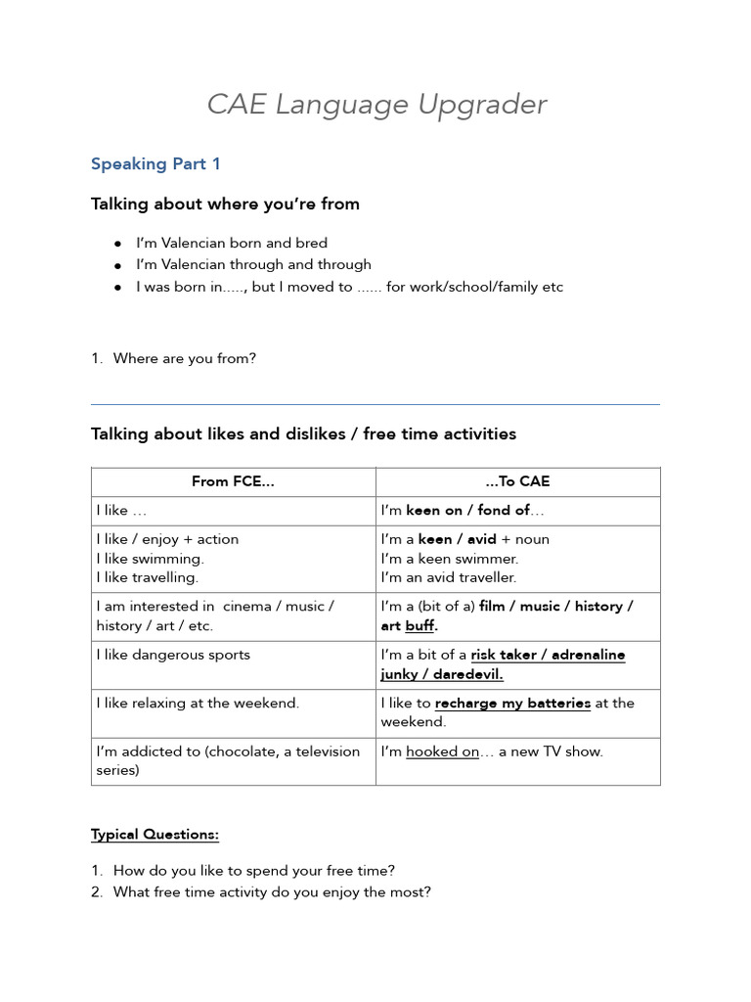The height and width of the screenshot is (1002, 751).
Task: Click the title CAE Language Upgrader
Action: (376, 105)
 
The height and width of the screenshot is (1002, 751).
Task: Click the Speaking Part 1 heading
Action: (155, 164)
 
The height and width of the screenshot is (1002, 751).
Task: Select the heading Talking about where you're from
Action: (225, 205)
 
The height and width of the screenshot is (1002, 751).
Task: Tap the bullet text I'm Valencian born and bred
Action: (232, 243)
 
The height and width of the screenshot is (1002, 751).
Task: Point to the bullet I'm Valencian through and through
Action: (253, 264)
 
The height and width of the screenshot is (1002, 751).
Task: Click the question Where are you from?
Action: (184, 358)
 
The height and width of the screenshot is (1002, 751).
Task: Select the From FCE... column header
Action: (233, 481)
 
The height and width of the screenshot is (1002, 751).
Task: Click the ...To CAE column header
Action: (517, 481)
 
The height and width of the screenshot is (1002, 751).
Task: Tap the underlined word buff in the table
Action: (420, 625)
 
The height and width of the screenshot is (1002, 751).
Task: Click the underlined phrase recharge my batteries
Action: (512, 703)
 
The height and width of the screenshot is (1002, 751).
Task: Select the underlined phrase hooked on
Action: (442, 751)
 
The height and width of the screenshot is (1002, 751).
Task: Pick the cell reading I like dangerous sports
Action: (173, 655)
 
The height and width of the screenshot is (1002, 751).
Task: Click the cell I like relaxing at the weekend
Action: (198, 703)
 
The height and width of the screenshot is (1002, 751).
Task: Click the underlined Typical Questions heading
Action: (155, 835)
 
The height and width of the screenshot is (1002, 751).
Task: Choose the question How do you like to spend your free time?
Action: (254, 870)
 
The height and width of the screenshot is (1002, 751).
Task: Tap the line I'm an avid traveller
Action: (449, 577)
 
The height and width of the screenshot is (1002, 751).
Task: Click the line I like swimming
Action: (150, 559)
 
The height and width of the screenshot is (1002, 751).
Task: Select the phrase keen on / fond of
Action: (467, 510)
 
